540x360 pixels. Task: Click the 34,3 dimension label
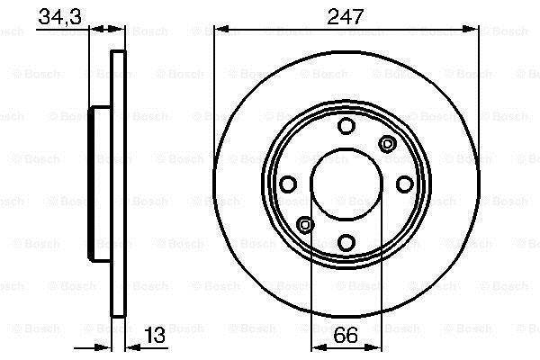59,16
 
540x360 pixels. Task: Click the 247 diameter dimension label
346,16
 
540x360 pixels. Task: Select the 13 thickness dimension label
154,335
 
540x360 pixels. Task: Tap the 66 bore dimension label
346,335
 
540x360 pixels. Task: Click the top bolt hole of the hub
346,126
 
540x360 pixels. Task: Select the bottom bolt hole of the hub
346,242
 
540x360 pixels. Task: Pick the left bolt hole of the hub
288,184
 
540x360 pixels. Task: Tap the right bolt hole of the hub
405,184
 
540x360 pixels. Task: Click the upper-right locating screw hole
387,143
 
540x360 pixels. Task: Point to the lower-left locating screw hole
305,225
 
